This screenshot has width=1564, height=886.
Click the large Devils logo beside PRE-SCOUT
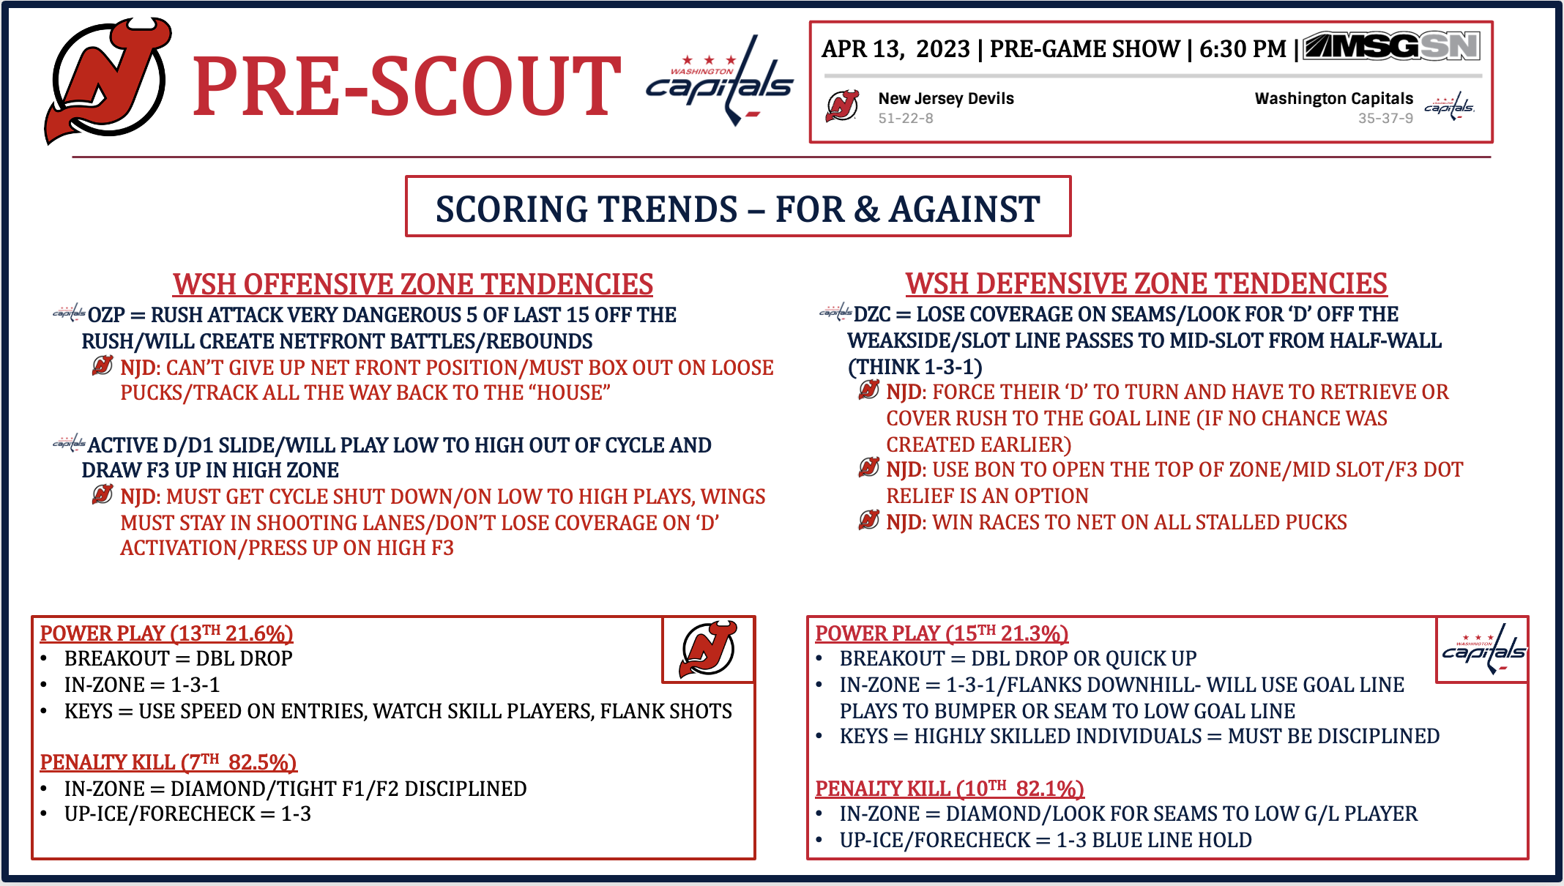click(108, 81)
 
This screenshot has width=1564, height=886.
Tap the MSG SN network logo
click(1391, 47)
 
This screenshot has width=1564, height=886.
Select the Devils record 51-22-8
click(906, 118)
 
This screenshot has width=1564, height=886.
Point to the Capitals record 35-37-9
click(1385, 118)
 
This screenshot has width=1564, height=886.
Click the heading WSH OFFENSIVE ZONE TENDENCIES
click(413, 284)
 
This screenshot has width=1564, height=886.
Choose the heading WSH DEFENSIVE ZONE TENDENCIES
click(1146, 283)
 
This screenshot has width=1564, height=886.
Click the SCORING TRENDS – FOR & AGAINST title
click(738, 209)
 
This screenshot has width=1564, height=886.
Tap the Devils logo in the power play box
click(709, 649)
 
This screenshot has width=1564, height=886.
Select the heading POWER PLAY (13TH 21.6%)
click(166, 633)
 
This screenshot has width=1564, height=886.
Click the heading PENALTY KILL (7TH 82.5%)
click(168, 762)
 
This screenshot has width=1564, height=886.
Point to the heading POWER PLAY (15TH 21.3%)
click(942, 633)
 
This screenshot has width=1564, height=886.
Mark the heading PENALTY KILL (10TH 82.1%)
click(950, 789)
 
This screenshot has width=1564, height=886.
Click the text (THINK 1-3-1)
click(915, 367)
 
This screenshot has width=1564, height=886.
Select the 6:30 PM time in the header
click(1243, 49)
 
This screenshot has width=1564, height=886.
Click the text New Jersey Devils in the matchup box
click(946, 98)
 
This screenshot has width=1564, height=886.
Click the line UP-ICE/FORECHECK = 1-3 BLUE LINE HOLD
click(1046, 840)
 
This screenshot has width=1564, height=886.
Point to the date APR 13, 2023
click(895, 49)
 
